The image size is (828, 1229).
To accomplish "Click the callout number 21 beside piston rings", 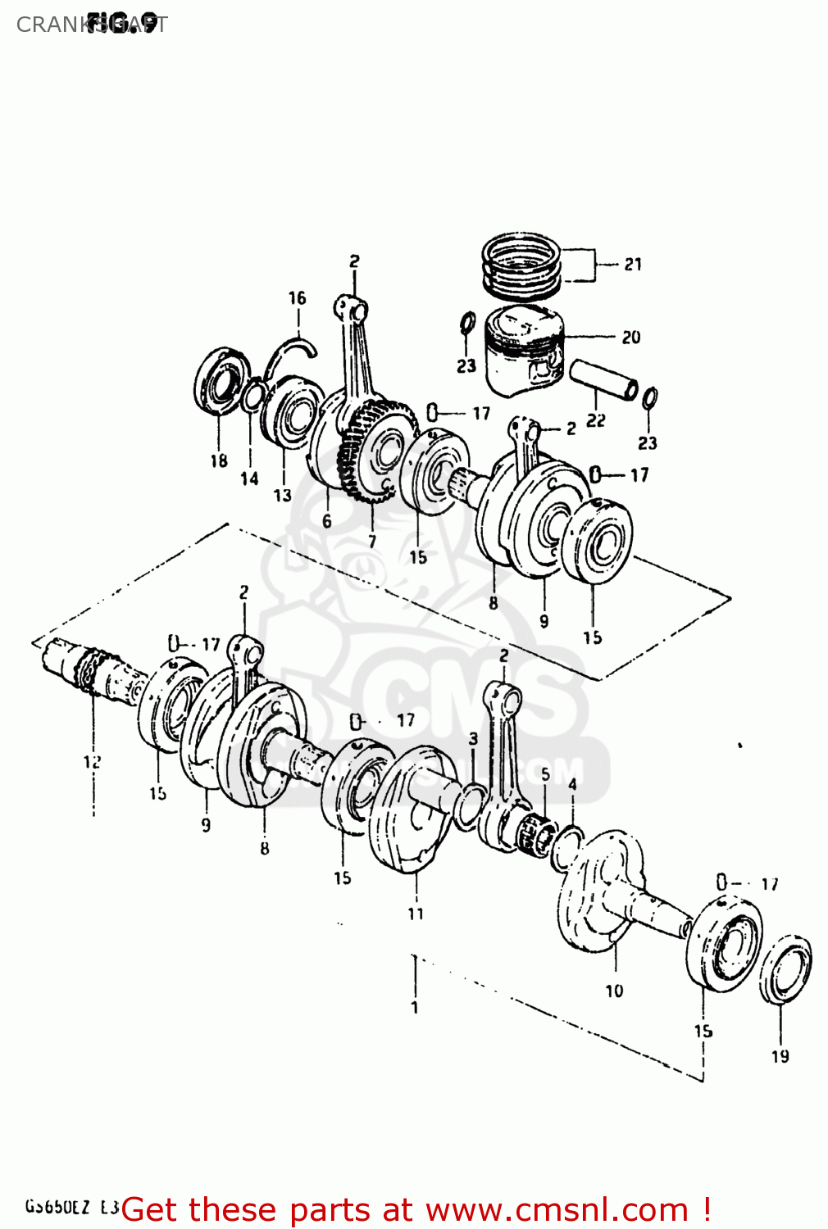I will pyautogui.click(x=633, y=264).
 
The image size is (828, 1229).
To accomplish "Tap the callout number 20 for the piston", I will pyautogui.click(x=630, y=337).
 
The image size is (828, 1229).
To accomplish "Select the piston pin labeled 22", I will pyautogui.click(x=603, y=378).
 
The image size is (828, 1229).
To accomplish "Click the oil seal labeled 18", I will pyautogui.click(x=221, y=380).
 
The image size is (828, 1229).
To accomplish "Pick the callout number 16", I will pyautogui.click(x=297, y=298).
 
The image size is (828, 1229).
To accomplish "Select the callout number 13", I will pyautogui.click(x=282, y=495).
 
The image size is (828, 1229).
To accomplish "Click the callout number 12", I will pyautogui.click(x=92, y=761).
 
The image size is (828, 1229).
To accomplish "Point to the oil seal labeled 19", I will pyautogui.click(x=785, y=969).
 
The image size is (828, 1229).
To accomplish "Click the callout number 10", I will pyautogui.click(x=614, y=991).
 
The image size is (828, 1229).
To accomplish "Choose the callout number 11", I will pyautogui.click(x=416, y=913).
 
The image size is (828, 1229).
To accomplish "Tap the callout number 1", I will pyautogui.click(x=415, y=1007).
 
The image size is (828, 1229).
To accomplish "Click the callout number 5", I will pyautogui.click(x=545, y=774).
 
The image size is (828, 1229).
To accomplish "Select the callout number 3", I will pyautogui.click(x=473, y=739).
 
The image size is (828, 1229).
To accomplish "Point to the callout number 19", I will pyautogui.click(x=780, y=1056).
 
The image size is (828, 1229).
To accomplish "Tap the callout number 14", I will pyautogui.click(x=249, y=478).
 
